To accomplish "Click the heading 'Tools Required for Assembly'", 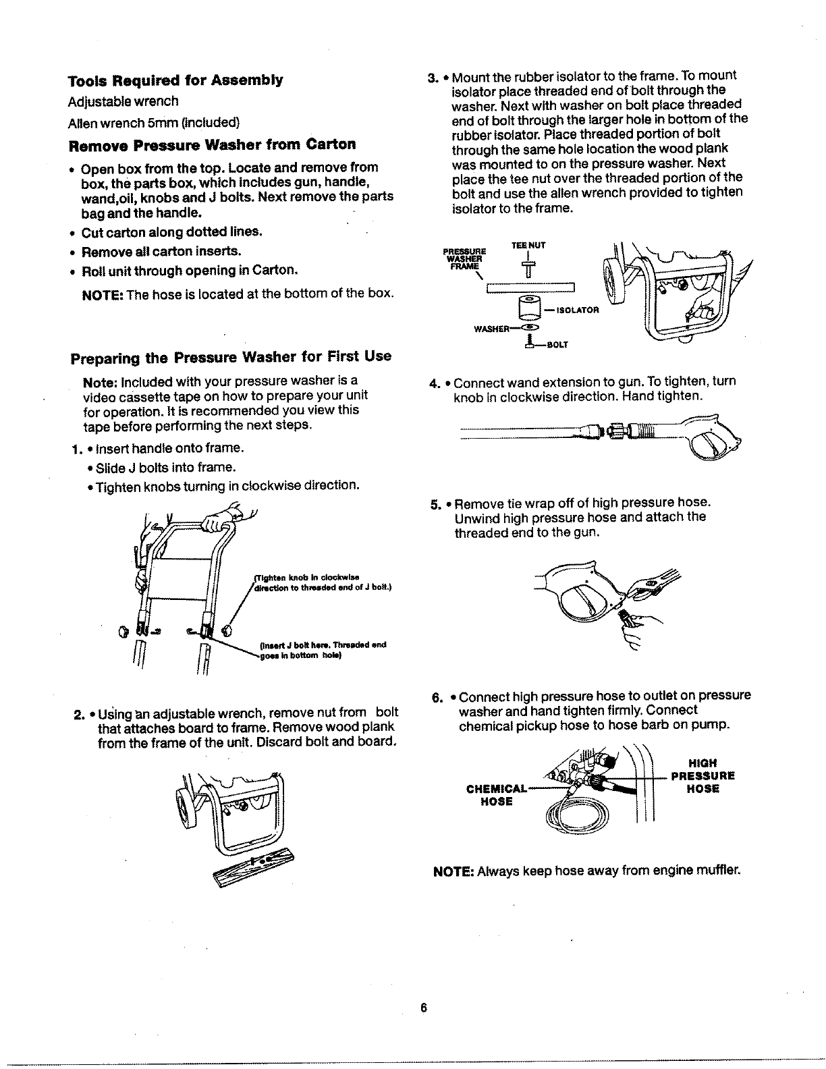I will click(175, 81).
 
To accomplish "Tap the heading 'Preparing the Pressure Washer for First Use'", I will click(231, 356).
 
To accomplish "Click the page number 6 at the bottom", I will click(424, 1008).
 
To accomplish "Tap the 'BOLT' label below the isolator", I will click(557, 344).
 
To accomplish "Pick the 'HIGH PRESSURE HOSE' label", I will click(703, 775).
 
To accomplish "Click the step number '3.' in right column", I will click(434, 76).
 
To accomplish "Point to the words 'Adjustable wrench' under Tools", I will click(123, 102).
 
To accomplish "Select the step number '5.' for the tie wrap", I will click(436, 503).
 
